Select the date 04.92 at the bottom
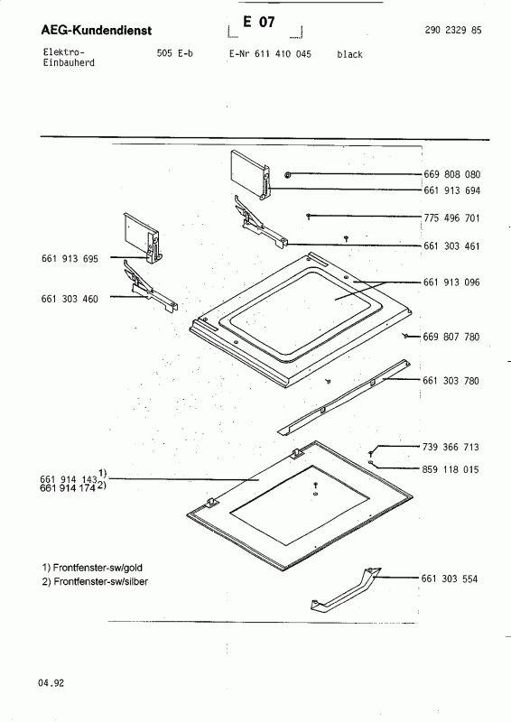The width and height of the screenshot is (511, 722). tap(51, 683)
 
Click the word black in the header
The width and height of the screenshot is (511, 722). tap(349, 55)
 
